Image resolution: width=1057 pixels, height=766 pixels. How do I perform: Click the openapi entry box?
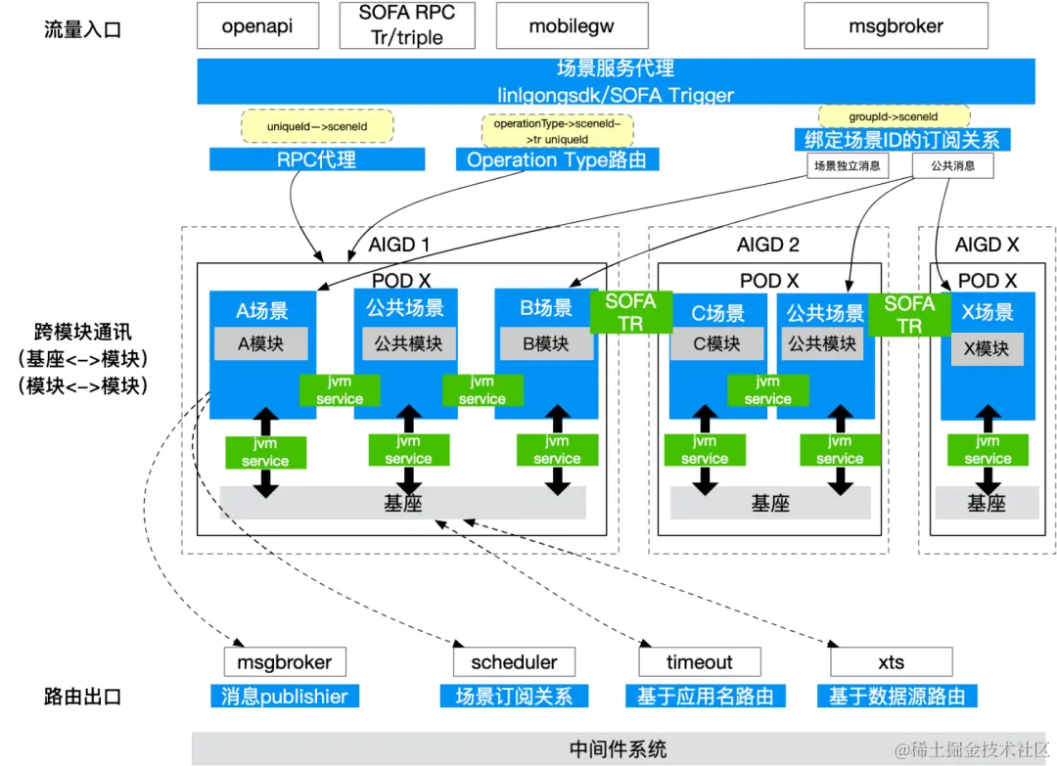pos(258,26)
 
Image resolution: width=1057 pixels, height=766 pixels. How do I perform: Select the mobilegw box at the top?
pos(573,26)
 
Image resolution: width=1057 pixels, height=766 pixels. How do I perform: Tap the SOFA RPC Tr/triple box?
pos(406,26)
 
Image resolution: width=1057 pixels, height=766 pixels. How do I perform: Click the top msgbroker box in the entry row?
pos(896,26)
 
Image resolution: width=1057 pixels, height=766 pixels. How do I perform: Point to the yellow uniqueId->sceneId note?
pos(316,126)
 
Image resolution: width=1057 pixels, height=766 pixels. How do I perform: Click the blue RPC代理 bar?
pos(316,159)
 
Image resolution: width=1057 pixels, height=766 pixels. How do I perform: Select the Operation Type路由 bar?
pos(557,159)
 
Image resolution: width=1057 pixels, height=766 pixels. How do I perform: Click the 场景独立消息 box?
pos(846,166)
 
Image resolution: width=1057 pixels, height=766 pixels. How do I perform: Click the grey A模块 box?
pos(261,343)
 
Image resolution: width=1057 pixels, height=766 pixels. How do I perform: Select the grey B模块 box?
pos(545,343)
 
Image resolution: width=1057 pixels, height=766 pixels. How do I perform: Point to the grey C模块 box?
pos(717,343)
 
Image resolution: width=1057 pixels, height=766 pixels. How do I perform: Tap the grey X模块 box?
pos(988,347)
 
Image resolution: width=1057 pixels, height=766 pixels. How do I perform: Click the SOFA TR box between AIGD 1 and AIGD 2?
pos(630,312)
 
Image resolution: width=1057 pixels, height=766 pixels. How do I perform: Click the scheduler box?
pos(514,662)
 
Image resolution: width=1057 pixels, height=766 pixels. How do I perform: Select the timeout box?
pos(700,662)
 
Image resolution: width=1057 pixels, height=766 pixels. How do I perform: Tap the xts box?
pos(891,662)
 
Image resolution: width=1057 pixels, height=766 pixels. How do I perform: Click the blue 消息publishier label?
pos(284,697)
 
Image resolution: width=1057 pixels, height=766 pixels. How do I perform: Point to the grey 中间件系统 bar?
pos(619,748)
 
